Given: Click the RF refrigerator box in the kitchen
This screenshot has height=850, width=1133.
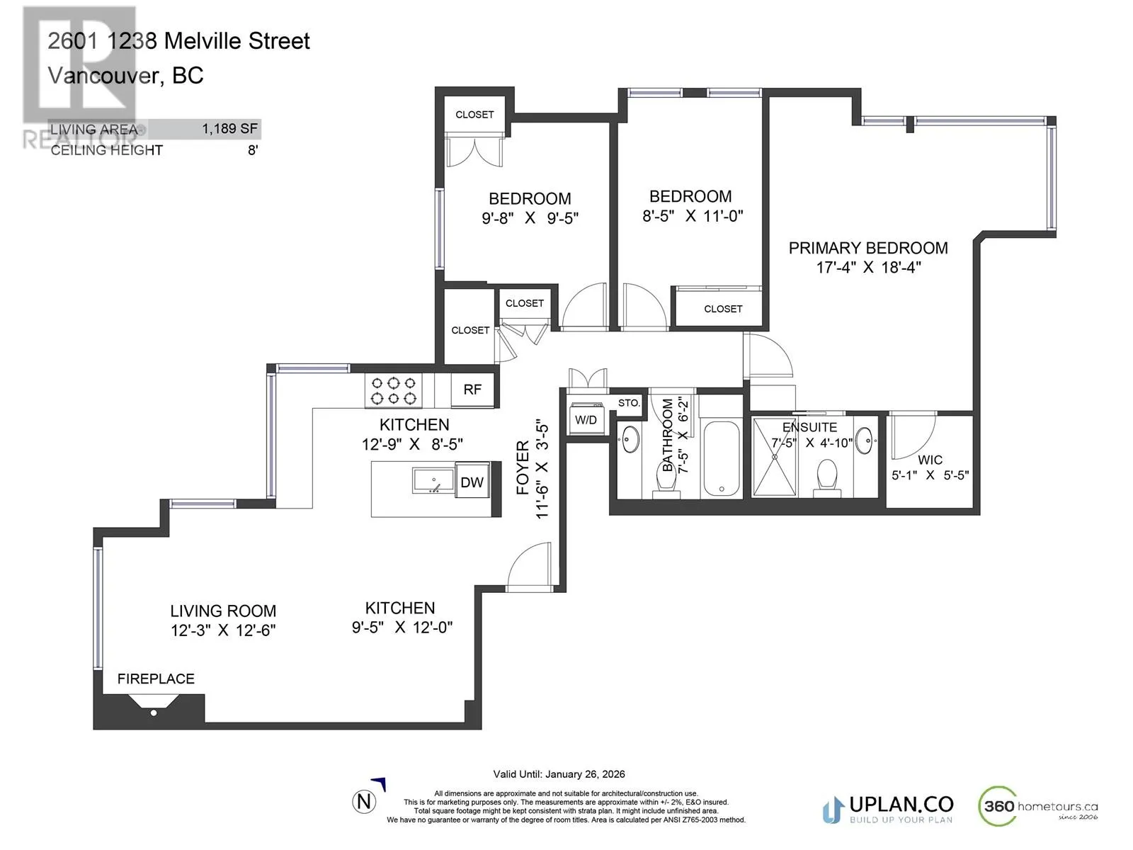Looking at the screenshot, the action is click(x=472, y=390).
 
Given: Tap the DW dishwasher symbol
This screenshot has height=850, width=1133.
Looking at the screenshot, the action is click(x=472, y=482).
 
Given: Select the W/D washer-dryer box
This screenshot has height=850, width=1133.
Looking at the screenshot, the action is click(x=586, y=419).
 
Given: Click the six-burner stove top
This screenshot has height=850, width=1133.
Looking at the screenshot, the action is click(x=393, y=391).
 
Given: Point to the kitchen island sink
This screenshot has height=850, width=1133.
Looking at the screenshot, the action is click(x=433, y=480).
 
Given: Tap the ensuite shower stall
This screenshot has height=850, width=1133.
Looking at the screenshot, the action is click(x=774, y=457).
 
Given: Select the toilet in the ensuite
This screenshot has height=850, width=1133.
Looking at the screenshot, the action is click(x=827, y=478).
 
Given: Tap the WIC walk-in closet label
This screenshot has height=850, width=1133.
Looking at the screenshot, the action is click(x=930, y=459).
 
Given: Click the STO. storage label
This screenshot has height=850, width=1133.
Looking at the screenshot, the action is click(x=630, y=402).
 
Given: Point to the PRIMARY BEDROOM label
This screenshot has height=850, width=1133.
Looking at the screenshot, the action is click(x=868, y=248).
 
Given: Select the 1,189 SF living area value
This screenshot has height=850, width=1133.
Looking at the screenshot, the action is click(x=229, y=128).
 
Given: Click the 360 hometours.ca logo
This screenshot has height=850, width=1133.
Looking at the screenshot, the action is click(x=1038, y=807).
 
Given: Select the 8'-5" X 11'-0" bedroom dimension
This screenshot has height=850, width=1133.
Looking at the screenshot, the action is click(x=692, y=216).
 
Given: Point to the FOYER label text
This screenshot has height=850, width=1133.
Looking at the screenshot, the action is click(x=523, y=467).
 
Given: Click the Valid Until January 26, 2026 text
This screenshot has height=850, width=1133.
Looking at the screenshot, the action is click(x=559, y=774).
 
